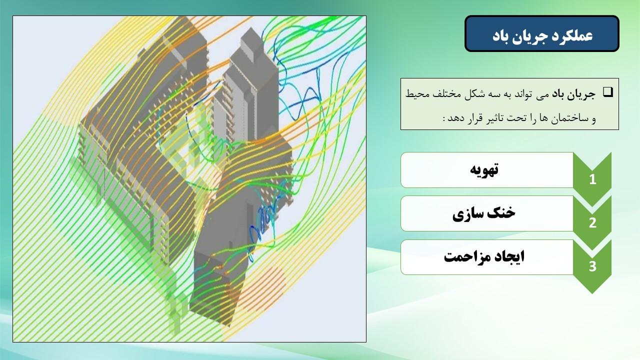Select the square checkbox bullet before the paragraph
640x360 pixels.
[608, 92]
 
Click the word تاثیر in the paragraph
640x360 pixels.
[487, 117]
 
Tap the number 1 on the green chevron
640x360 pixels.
[592, 179]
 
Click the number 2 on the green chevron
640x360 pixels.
[592, 223]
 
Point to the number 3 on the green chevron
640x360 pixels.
[592, 266]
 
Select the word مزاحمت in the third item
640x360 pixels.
[464, 257]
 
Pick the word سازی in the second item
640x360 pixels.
[467, 214]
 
